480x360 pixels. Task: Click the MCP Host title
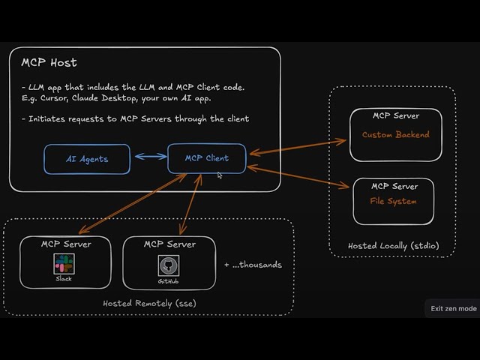[49, 62]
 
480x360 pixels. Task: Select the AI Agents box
[87, 159]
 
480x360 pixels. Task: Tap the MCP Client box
[206, 158]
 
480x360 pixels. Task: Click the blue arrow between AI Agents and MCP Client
[148, 157]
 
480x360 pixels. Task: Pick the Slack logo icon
[64, 263]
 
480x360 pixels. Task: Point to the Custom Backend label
[395, 135]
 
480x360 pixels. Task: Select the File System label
[393, 201]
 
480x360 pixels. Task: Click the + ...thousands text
[253, 265]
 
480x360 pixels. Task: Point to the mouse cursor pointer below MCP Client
[220, 175]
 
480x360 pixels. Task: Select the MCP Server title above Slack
[65, 244]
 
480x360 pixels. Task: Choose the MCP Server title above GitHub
[169, 244]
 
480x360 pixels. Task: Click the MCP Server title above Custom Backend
[395, 116]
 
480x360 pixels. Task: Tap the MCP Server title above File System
[394, 186]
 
